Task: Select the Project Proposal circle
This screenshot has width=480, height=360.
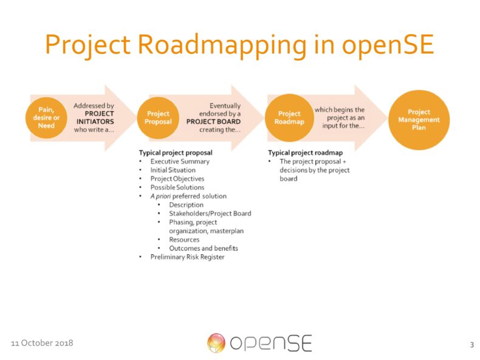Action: [x=159, y=117]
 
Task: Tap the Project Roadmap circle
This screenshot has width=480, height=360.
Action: [x=289, y=117]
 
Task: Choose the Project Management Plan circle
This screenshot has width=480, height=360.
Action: [x=419, y=120]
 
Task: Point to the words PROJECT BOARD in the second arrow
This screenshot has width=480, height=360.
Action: [x=213, y=121]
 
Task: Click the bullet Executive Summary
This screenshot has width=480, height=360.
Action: [x=180, y=161]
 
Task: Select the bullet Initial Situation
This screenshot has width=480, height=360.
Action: [x=173, y=170]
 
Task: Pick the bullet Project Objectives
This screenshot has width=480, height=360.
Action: [x=177, y=178]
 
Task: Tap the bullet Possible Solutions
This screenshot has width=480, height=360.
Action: [x=176, y=188]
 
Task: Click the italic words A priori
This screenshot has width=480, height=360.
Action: [x=162, y=196]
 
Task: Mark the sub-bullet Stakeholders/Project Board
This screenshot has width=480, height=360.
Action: [x=210, y=213]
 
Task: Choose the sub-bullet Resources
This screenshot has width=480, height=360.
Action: [x=184, y=239]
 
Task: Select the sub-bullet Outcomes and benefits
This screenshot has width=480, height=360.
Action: [x=204, y=248]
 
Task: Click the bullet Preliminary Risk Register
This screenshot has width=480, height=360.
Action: [x=187, y=257]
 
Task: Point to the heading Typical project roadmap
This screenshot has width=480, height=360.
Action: [x=306, y=153]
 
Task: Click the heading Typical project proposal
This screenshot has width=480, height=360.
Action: [x=176, y=153]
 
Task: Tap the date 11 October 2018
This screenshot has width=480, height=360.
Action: [x=42, y=343]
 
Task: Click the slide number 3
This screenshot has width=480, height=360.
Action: [x=471, y=345]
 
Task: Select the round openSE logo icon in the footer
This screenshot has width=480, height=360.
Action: [x=216, y=343]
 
